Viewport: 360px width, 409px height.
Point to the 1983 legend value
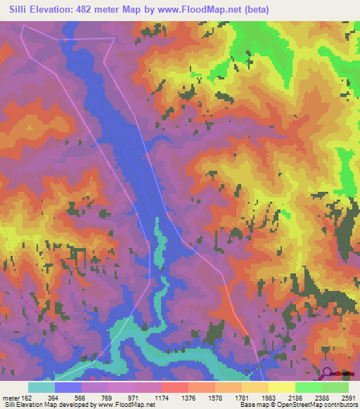(276, 398)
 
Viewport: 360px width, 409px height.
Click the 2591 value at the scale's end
(347, 398)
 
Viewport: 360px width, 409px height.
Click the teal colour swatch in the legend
(41, 387)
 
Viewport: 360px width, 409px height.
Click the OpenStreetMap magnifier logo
(328, 373)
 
